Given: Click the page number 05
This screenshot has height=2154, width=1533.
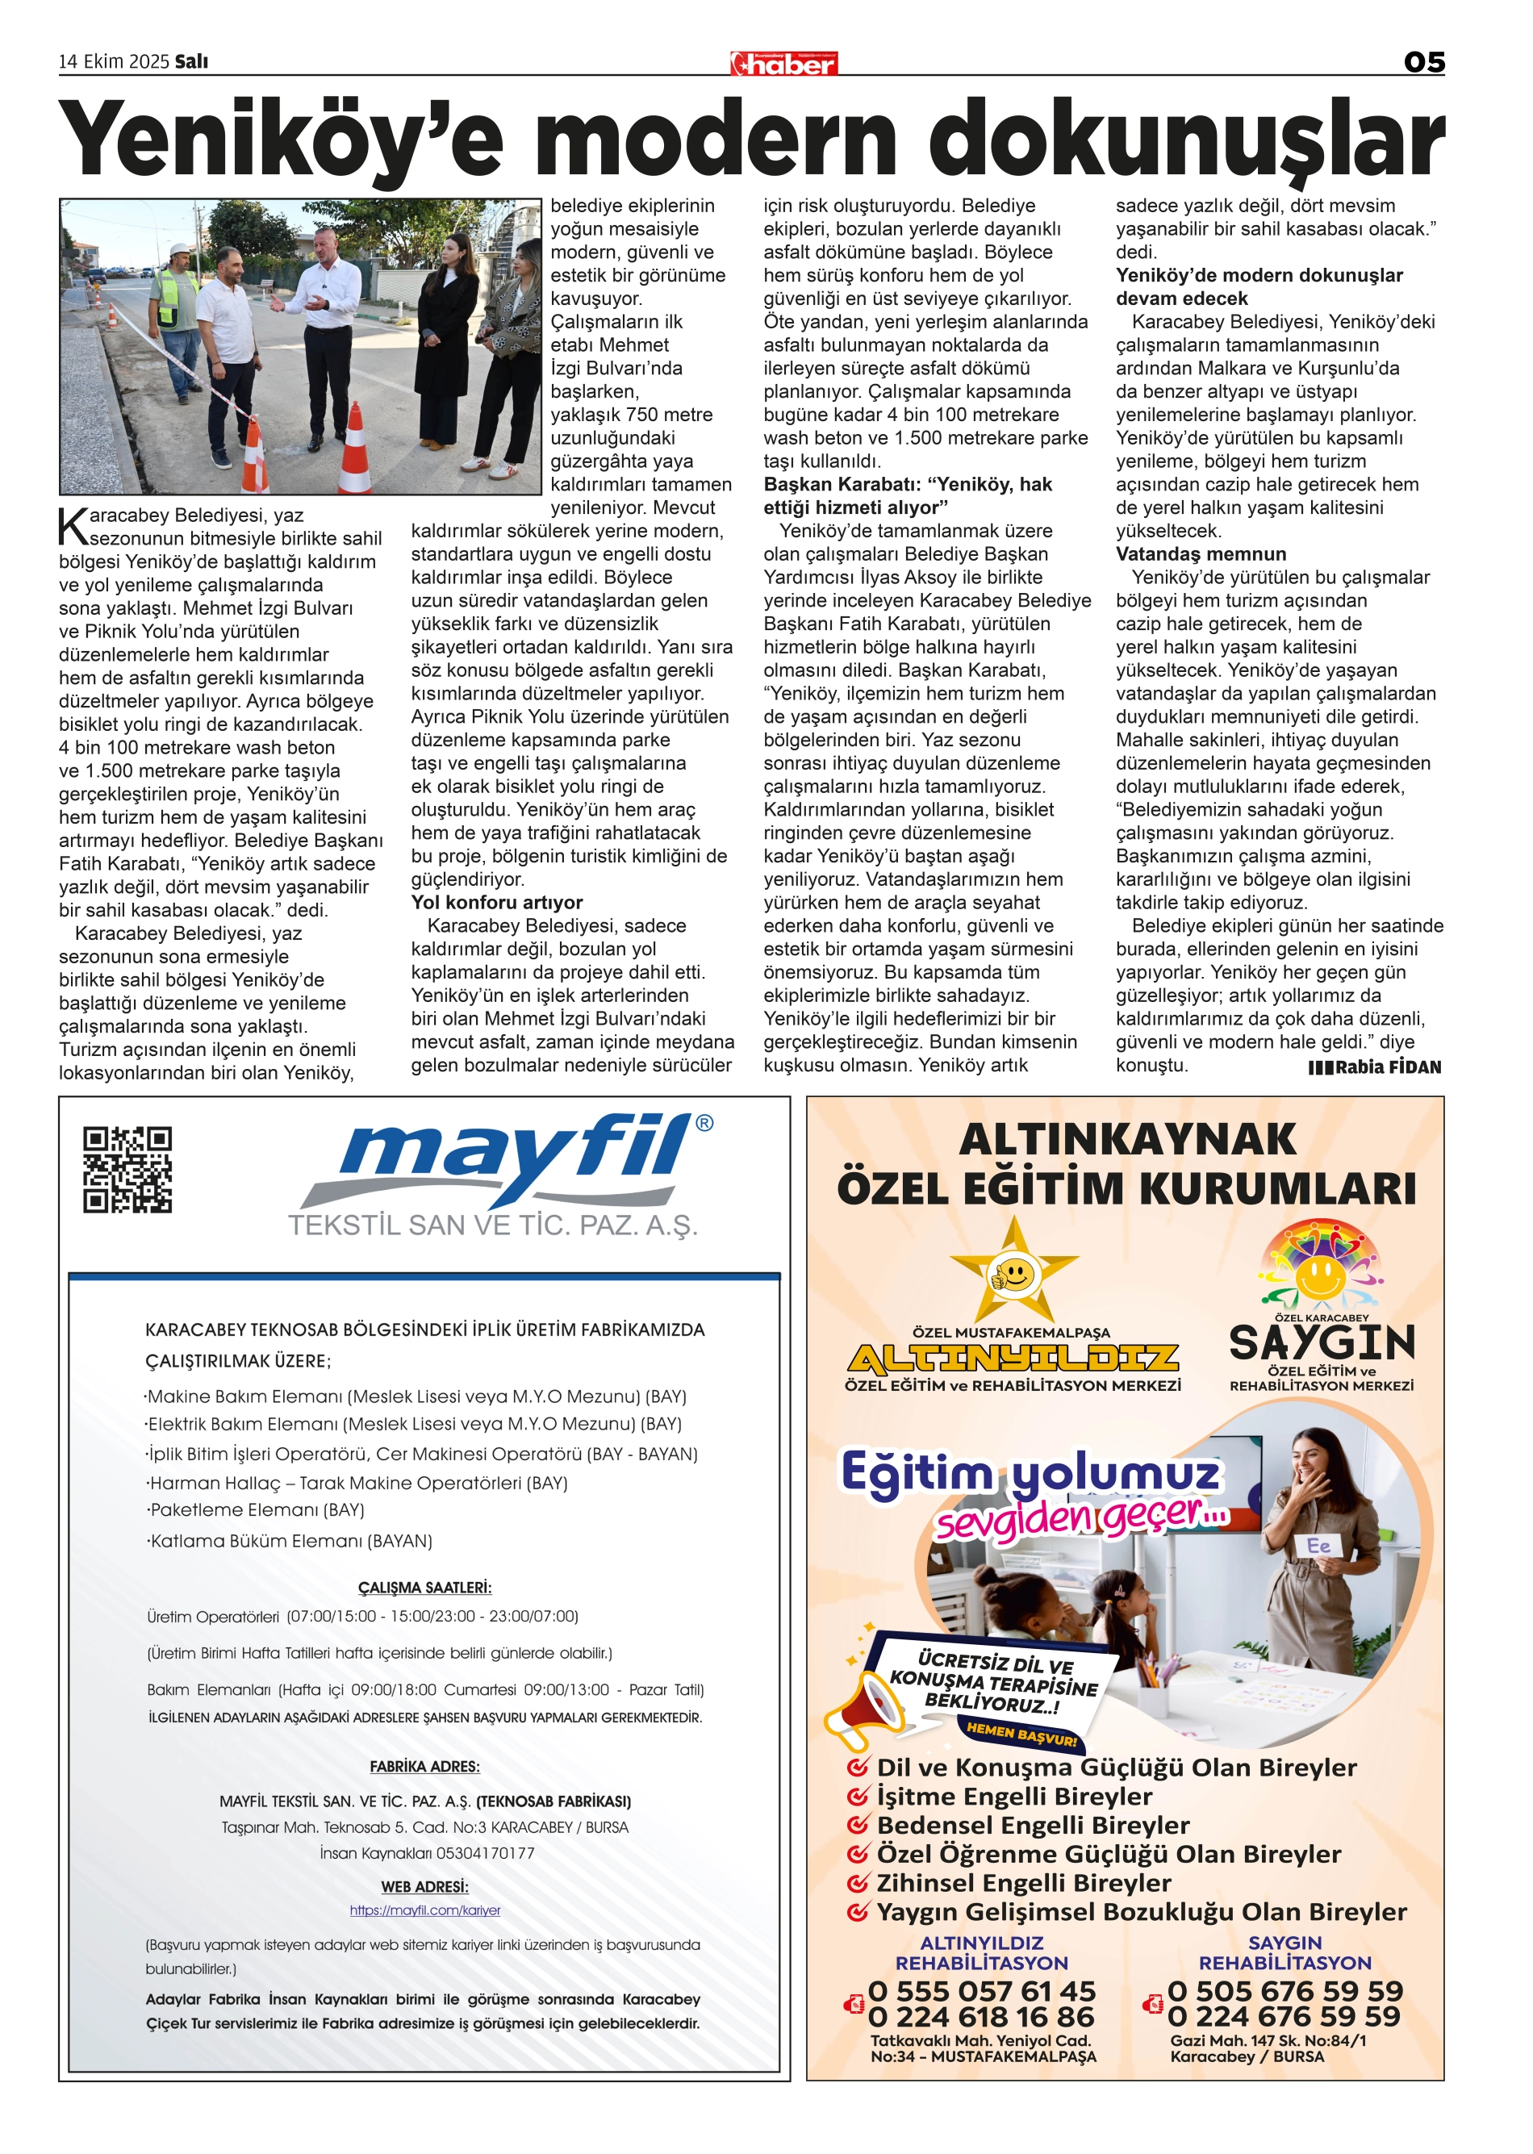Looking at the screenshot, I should (1423, 62).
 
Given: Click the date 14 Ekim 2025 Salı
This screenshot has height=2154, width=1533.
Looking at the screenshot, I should (133, 62).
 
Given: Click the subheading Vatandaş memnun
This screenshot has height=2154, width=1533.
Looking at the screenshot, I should (1201, 554).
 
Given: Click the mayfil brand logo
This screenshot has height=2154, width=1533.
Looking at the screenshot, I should (507, 1160).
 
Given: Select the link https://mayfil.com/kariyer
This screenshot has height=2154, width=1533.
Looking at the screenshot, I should (424, 1910).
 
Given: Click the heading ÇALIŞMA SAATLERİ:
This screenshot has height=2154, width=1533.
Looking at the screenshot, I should (424, 1588).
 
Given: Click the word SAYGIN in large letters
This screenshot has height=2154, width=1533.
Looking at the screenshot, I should (1322, 1342).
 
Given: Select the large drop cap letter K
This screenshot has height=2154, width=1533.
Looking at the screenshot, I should (73, 527).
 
